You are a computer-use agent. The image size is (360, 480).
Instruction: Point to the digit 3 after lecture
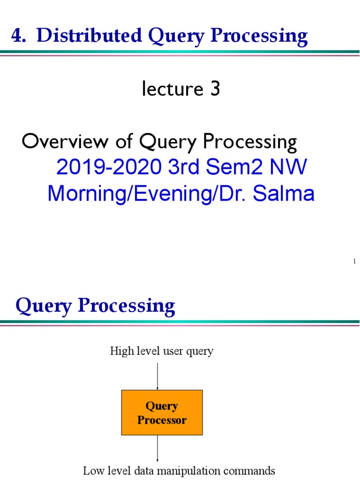click(215, 90)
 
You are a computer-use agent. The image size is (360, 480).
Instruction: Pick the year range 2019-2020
click(109, 168)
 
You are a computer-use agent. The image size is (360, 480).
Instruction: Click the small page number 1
click(355, 261)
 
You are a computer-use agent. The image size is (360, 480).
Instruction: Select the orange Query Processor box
click(162, 412)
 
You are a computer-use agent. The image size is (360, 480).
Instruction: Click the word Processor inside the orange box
click(162, 420)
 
